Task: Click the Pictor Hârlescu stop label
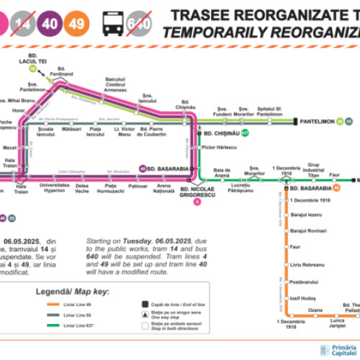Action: click(x=218, y=147)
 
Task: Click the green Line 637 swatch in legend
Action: click(x=48, y=327)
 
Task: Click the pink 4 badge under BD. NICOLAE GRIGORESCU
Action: click(x=197, y=202)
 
